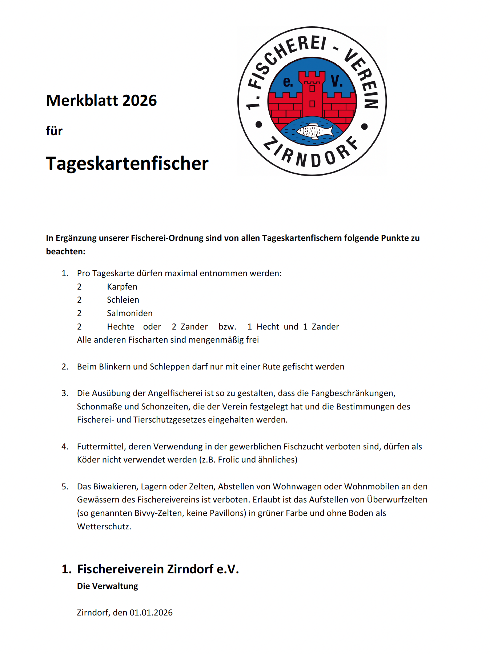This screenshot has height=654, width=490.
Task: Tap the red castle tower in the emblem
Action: click(x=312, y=94)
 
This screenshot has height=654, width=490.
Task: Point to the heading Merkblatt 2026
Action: click(x=101, y=101)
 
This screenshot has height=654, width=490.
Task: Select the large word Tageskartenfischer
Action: click(x=127, y=163)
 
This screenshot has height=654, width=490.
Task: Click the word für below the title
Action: click(x=54, y=131)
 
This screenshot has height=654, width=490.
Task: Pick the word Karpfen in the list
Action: click(x=122, y=287)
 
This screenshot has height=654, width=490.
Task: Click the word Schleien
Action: click(x=123, y=300)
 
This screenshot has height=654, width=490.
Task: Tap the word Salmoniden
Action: click(x=130, y=313)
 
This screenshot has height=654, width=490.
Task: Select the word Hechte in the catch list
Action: click(x=121, y=327)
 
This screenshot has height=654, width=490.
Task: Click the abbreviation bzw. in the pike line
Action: click(x=228, y=327)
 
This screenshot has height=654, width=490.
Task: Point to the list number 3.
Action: click(x=65, y=393)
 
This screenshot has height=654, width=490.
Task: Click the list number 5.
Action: click(x=65, y=487)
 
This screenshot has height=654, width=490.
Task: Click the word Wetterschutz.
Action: click(x=104, y=526)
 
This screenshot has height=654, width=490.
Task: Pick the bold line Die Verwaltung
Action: click(x=108, y=586)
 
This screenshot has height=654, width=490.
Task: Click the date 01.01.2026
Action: click(x=151, y=613)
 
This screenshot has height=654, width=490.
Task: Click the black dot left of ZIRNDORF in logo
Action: click(x=259, y=125)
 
